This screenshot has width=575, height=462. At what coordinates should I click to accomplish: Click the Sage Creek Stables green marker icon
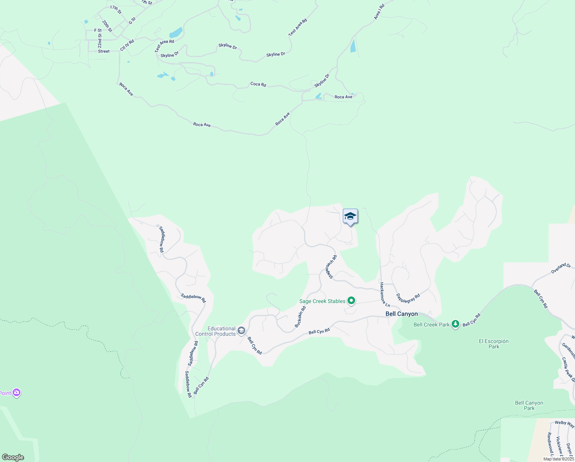point(351,301)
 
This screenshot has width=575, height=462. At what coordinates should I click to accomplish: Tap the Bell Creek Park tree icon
point(455,325)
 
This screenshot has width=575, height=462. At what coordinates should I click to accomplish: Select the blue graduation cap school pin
point(350,216)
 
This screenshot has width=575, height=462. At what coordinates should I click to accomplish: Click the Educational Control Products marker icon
point(241,331)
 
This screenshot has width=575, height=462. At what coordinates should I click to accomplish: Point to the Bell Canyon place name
point(401,314)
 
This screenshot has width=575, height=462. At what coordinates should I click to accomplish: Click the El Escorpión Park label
point(494,344)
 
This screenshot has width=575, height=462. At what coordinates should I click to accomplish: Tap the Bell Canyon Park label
point(529,405)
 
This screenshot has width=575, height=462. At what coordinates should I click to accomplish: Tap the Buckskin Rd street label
point(300,316)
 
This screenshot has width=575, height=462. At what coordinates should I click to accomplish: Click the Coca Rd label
point(258,84)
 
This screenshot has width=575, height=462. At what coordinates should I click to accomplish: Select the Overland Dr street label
point(561,268)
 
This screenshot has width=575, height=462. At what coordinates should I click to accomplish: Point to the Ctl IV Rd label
point(127,45)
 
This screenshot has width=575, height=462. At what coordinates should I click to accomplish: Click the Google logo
point(13,457)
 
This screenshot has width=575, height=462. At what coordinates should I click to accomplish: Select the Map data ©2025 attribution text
point(558,459)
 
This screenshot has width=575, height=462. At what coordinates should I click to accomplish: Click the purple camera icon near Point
point(16,393)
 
